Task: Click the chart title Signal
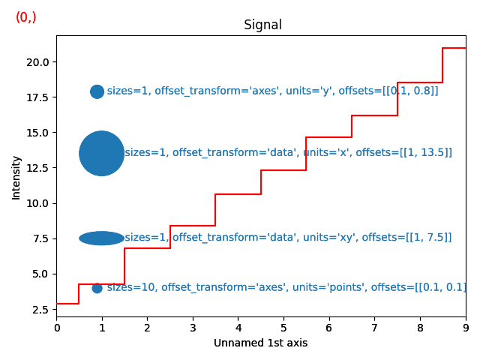tap(262, 25)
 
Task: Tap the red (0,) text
tap(26, 17)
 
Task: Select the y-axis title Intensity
tap(16, 178)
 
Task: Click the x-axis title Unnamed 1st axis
tap(260, 343)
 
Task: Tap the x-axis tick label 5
tap(283, 327)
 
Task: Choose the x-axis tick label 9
tap(466, 327)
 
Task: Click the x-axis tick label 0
tap(56, 327)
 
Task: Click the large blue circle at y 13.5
tap(101, 153)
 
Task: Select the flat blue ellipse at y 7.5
tap(101, 238)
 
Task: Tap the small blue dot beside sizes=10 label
tap(97, 288)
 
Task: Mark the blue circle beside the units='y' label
tap(97, 91)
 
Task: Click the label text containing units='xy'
tap(288, 238)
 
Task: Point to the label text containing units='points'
tap(286, 287)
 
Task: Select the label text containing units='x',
tap(288, 152)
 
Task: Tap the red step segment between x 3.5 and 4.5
tap(238, 194)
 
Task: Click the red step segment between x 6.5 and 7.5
tap(374, 115)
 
